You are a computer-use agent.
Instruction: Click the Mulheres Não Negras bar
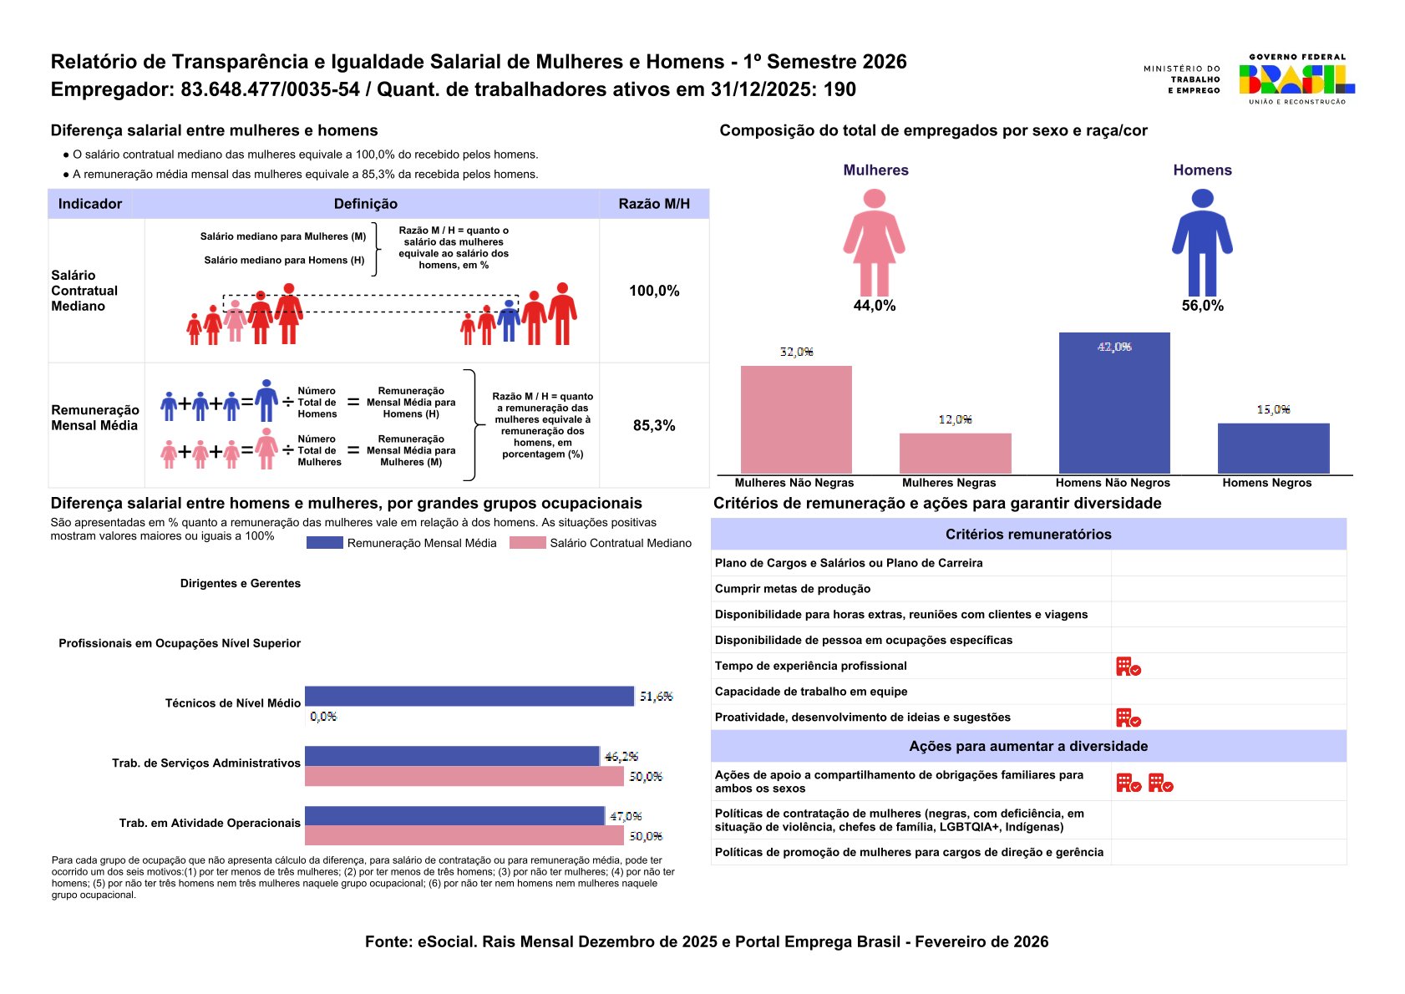click(796, 419)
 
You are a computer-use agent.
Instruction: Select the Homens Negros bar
click(1273, 449)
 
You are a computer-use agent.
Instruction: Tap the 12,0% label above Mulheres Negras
click(955, 419)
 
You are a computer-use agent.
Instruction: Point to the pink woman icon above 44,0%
click(874, 242)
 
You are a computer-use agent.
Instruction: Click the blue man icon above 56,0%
click(1202, 242)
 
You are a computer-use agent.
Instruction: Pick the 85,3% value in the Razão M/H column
click(654, 425)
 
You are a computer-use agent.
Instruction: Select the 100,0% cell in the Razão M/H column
click(654, 291)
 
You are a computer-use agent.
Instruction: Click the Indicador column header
click(90, 204)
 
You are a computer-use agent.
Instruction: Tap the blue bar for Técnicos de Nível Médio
click(469, 696)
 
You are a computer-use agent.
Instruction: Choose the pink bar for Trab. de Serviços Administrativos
click(464, 777)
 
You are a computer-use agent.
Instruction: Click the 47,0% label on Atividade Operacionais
click(626, 816)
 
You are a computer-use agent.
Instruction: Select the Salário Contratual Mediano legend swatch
click(527, 543)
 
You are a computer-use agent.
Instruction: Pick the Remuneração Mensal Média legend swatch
click(324, 543)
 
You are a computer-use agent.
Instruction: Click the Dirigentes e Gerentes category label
click(240, 583)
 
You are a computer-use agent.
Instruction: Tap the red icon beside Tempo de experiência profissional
click(1129, 667)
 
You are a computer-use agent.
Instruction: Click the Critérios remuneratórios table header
click(1028, 535)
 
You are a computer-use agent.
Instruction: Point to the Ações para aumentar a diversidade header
click(1028, 746)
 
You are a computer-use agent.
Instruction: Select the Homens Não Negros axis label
click(1113, 483)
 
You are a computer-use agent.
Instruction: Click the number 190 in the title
click(839, 89)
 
